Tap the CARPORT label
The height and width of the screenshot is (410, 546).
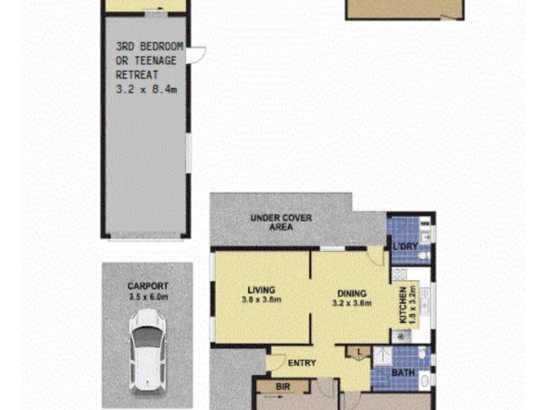tap(147, 286)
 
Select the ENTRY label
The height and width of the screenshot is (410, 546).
tap(301, 363)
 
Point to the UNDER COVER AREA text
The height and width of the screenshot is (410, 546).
tap(281, 222)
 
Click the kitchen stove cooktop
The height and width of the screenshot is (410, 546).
tap(399, 275)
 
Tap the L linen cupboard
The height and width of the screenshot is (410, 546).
tap(358, 353)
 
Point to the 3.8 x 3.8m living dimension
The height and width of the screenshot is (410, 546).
tap(261, 299)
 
